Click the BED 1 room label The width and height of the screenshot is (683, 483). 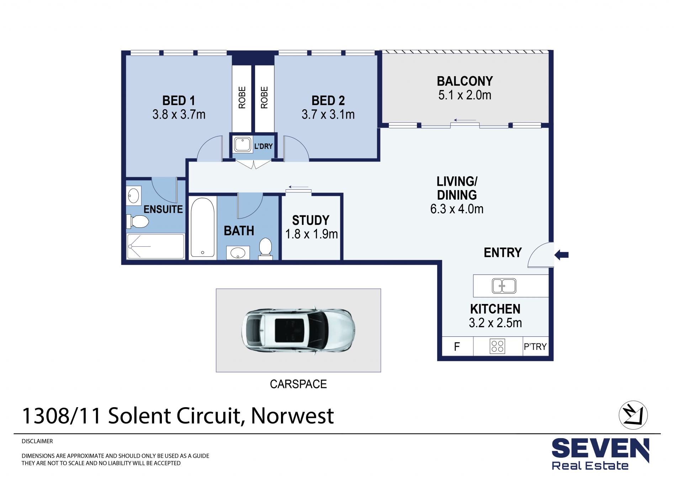pyautogui.click(x=179, y=101)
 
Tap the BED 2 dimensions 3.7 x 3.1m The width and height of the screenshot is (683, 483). pyautogui.click(x=328, y=115)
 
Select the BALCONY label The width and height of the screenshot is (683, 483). pyautogui.click(x=465, y=82)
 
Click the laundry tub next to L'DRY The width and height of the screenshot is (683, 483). pyautogui.click(x=243, y=145)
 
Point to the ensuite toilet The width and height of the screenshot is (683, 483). pyautogui.click(x=139, y=221)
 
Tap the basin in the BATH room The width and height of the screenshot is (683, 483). pyautogui.click(x=238, y=253)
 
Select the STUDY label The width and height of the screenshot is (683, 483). pyautogui.click(x=311, y=220)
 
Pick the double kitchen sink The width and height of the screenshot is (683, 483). pyautogui.click(x=504, y=286)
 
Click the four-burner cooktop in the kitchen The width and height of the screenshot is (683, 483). pyautogui.click(x=497, y=346)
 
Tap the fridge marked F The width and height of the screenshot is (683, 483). pyautogui.click(x=457, y=347)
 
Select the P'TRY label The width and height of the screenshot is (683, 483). pyautogui.click(x=535, y=347)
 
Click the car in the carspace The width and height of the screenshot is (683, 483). pyautogui.click(x=298, y=330)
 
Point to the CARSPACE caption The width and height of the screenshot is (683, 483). pyautogui.click(x=298, y=384)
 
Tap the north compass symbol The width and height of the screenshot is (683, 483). pyautogui.click(x=633, y=415)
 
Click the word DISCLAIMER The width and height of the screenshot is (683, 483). pyautogui.click(x=37, y=441)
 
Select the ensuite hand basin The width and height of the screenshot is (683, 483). pyautogui.click(x=133, y=196)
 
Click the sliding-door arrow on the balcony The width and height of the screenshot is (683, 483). pyautogui.click(x=465, y=120)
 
